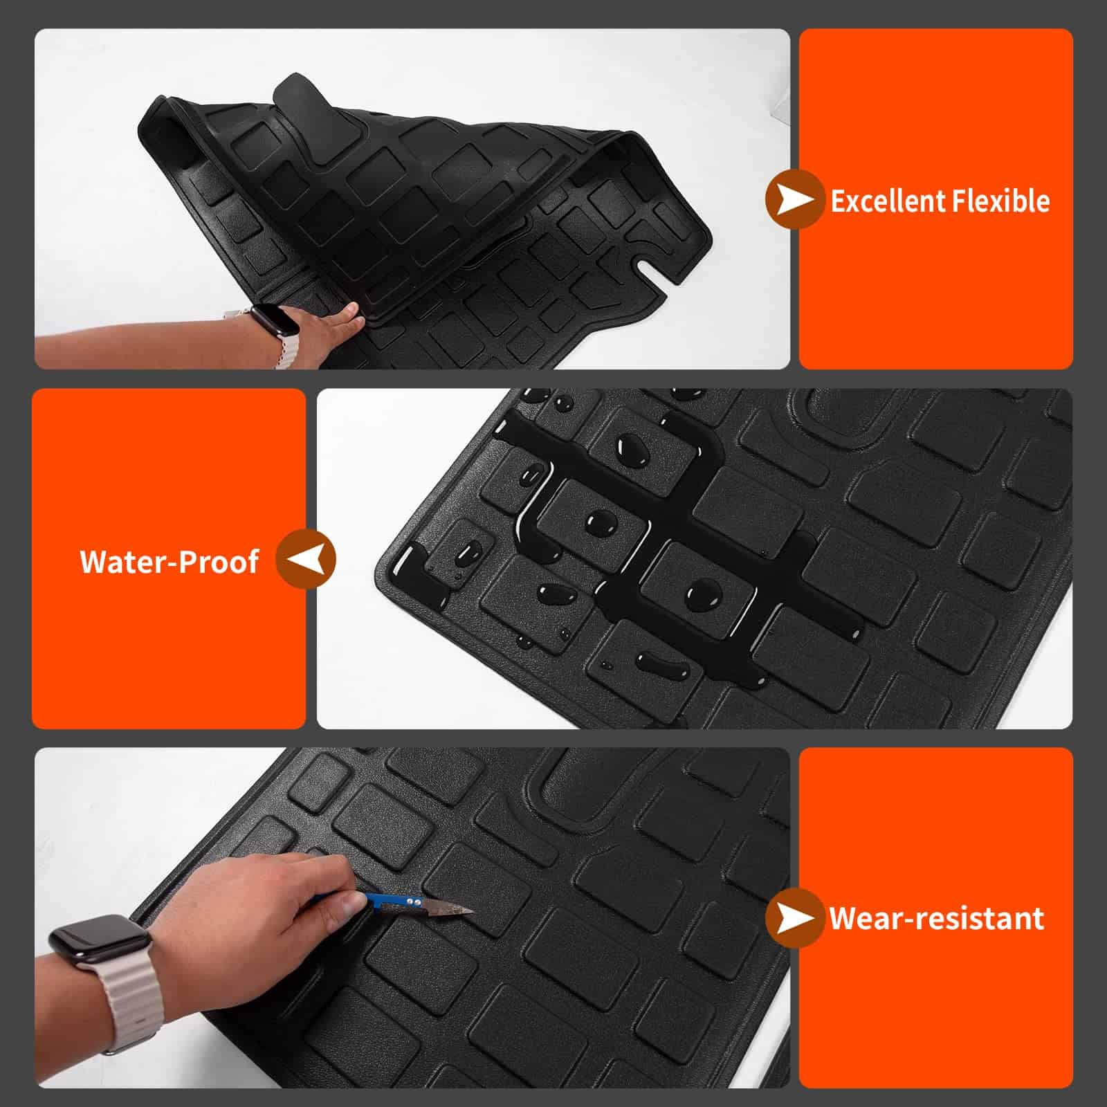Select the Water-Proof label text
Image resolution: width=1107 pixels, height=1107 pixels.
point(170,561)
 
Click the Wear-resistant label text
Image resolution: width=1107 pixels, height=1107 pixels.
point(937,918)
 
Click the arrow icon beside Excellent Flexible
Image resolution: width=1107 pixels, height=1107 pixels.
point(794,200)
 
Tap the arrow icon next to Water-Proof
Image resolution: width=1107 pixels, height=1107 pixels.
point(306,559)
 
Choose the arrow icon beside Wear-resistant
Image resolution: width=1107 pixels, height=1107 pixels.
point(794,918)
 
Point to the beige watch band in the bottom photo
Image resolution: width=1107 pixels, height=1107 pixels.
point(131,996)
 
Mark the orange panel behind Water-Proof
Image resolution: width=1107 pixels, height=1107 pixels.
point(169,558)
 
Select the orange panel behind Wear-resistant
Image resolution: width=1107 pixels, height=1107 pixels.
point(935,917)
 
